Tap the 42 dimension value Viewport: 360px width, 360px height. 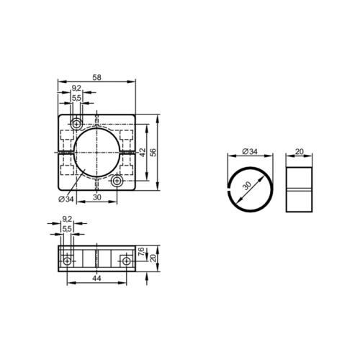[143, 153]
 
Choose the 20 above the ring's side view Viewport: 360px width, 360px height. [299, 150]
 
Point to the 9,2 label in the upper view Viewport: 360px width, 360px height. [76, 88]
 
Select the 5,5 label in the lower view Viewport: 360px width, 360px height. [67, 228]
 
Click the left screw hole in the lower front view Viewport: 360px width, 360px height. [67, 260]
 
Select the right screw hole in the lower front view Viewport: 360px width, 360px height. [125, 260]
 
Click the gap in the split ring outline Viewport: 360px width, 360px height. [229, 189]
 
